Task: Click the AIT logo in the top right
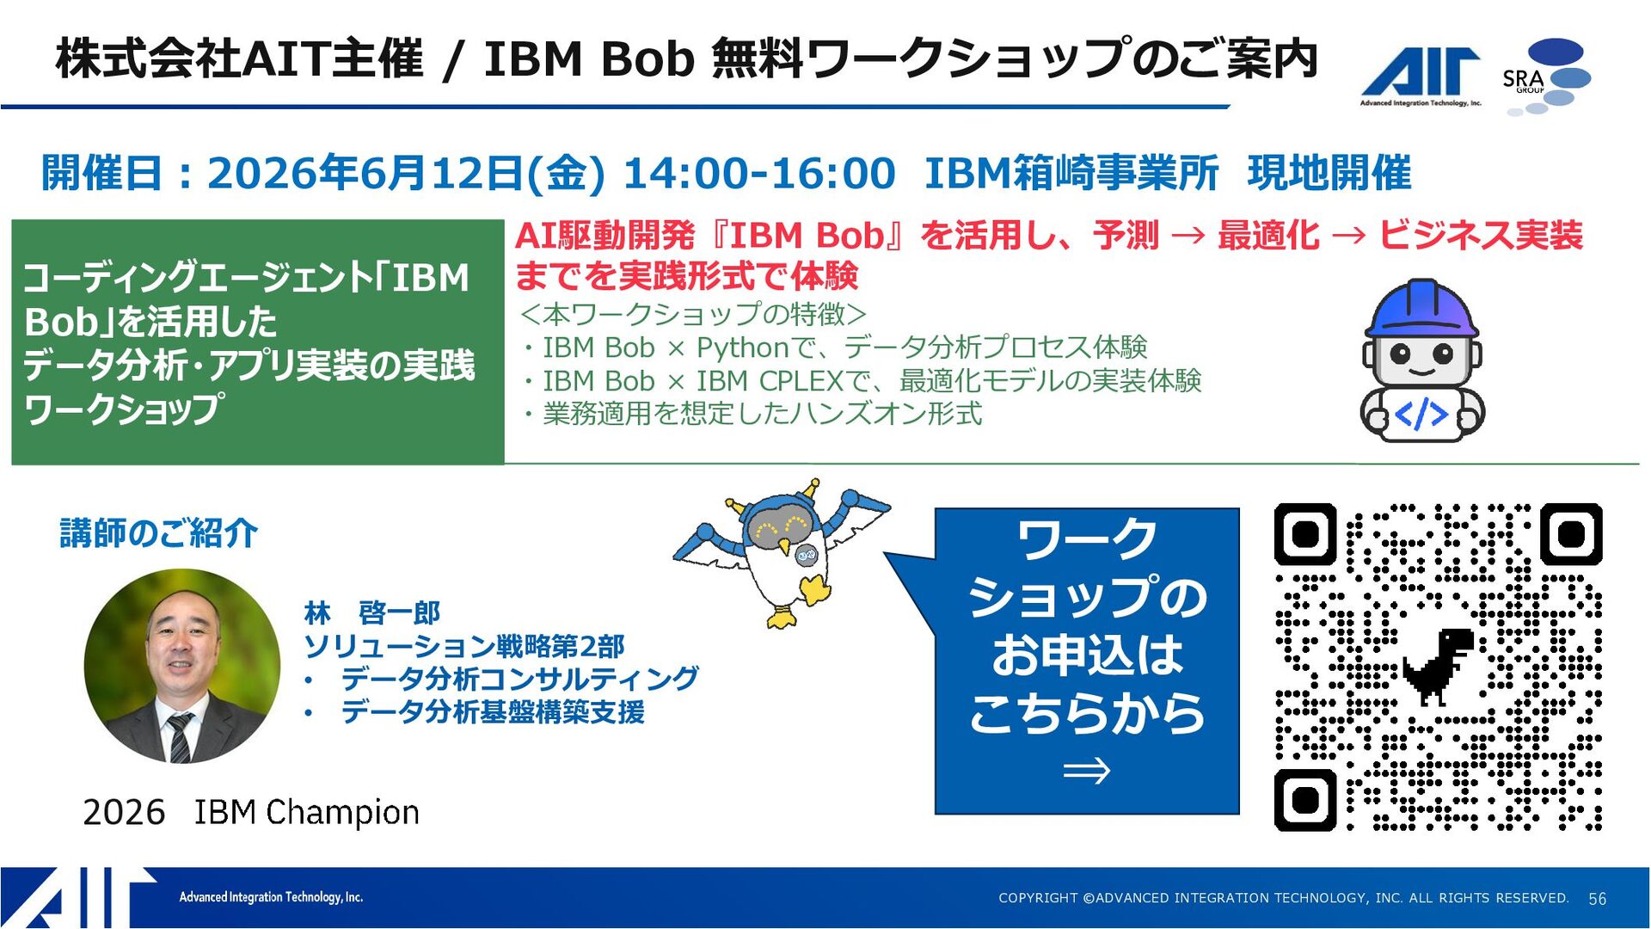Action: tap(1421, 76)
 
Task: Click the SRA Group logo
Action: tap(1546, 77)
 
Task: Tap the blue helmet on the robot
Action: tap(1421, 308)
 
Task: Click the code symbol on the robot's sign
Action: tap(1421, 415)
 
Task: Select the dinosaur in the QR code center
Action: tap(1438, 666)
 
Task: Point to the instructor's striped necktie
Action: tap(180, 738)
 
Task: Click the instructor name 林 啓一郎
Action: tap(371, 613)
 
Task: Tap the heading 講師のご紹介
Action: tap(158, 533)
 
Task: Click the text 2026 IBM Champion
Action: tap(251, 812)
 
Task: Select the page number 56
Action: tap(1597, 899)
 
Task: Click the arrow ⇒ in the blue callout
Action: tap(1086, 771)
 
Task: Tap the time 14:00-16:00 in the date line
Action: tap(758, 173)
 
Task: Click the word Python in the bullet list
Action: tap(743, 348)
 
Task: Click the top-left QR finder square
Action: tap(1305, 534)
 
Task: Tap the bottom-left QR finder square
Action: tap(1305, 800)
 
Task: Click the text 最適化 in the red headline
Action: tap(1268, 236)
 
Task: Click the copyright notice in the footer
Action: tap(1284, 898)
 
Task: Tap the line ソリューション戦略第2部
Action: tap(464, 646)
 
